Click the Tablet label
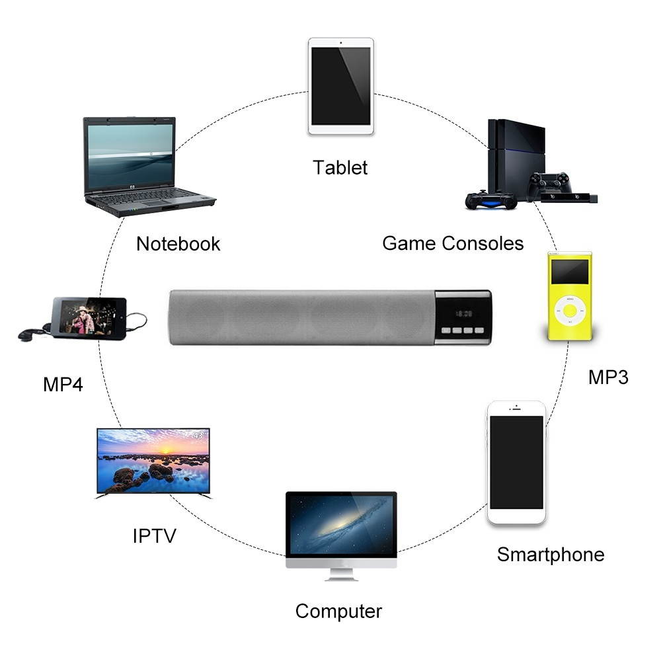(340, 167)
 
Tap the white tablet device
(341, 87)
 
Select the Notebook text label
(178, 244)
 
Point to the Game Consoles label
(453, 243)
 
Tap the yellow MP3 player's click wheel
(569, 309)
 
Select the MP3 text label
(608, 377)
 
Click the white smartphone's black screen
(516, 462)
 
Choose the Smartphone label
(551, 554)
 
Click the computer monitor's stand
(341, 574)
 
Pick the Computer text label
(338, 611)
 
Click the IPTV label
(155, 535)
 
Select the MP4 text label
(63, 384)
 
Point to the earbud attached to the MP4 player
(27, 334)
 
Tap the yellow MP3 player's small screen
(569, 272)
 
